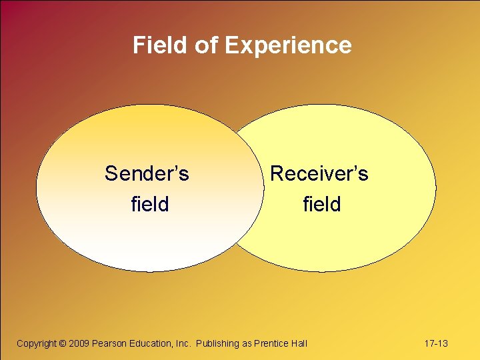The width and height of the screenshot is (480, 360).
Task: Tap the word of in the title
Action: pos(206,45)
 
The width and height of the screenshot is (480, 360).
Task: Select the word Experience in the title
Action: pos(288,45)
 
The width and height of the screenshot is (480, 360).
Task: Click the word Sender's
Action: pos(147,174)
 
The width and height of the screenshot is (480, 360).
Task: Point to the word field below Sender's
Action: pos(150,204)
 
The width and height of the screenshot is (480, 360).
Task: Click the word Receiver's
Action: pos(319,174)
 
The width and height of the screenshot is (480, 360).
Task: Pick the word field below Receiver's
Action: pos(322,204)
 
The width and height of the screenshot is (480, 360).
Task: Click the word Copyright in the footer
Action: pos(36,343)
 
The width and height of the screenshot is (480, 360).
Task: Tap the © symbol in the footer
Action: pos(63,343)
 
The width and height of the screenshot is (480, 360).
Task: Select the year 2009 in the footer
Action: pos(79,343)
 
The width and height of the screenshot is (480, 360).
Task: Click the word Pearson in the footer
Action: pos(109,343)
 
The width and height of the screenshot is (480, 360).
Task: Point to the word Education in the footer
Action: pos(150,343)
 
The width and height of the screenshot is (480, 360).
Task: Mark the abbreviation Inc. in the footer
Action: pos(183,343)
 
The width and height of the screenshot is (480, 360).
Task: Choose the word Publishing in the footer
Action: pos(217,343)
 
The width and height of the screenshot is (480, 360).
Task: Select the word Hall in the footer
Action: pos(299,343)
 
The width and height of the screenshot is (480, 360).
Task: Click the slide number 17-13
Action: pos(436,343)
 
